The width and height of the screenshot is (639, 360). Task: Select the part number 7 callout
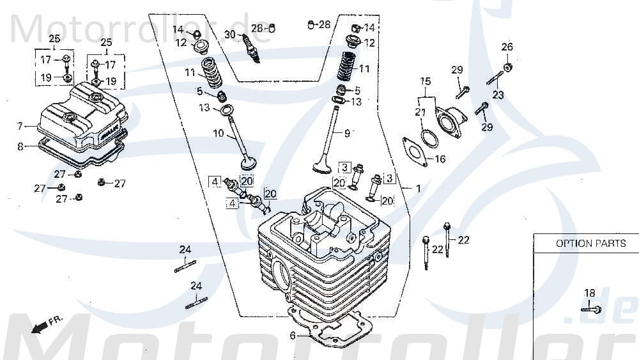[x=20, y=126]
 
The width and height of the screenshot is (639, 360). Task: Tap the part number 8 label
[x=20, y=146]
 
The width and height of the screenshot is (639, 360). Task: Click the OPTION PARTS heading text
[x=590, y=243]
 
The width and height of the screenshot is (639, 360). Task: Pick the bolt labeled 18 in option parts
[x=591, y=309]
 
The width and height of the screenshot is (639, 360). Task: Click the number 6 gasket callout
[x=293, y=336]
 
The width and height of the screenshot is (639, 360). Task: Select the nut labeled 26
[x=507, y=67]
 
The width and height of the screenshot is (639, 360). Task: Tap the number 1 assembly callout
[x=419, y=189]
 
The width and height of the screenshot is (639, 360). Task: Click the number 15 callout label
[x=426, y=81]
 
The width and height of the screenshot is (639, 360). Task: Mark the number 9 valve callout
[x=348, y=134]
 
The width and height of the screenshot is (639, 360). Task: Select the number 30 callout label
[x=229, y=35]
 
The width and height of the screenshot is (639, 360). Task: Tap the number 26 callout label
[x=507, y=47]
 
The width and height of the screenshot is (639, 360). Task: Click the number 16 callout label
[x=440, y=159]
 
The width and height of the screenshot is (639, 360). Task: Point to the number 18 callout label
[x=589, y=293]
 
